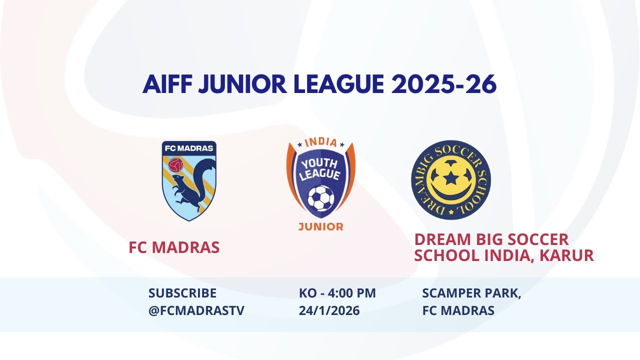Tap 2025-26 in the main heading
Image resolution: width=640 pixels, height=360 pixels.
point(444,84)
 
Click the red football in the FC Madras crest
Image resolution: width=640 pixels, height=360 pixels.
point(175,165)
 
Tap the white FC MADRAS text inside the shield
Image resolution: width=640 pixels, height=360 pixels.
point(189,148)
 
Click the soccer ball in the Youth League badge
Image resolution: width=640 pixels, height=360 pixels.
point(320,198)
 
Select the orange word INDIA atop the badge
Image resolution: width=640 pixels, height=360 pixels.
point(320,142)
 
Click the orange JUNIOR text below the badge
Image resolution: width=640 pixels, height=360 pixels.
point(320,226)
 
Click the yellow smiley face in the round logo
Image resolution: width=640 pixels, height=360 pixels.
point(451,180)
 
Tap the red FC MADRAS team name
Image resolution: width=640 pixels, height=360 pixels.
point(174,247)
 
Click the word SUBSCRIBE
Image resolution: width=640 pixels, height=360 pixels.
point(182,293)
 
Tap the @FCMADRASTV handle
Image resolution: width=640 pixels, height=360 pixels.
point(196,310)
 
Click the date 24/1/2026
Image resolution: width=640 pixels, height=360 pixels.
point(329,310)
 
